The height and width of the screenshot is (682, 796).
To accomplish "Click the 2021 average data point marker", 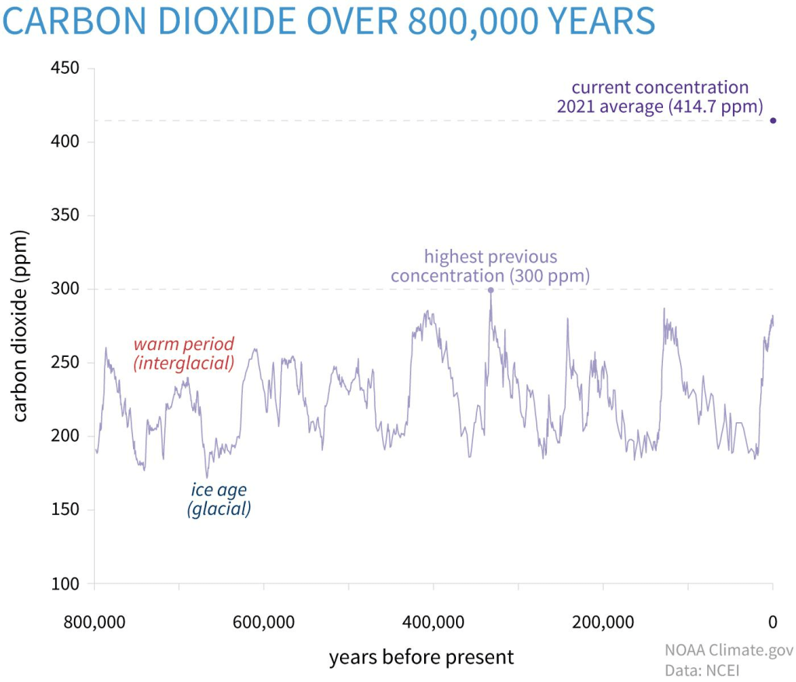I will point(773,120).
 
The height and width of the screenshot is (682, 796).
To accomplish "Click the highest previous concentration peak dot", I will point(490,290).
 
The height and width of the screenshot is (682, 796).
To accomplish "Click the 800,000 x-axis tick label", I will point(95,621).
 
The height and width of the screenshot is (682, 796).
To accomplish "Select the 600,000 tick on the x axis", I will point(264,621).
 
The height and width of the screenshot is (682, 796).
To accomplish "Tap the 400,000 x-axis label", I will point(433,621).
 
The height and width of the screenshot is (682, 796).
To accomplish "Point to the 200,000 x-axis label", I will point(603,621).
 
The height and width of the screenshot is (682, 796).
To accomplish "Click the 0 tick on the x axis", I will point(773,621).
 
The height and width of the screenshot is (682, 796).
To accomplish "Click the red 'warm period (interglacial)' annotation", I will point(184,353).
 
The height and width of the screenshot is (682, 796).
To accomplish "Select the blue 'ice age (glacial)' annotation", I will point(219,500).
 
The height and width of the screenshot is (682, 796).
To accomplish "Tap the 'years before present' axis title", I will point(421,657).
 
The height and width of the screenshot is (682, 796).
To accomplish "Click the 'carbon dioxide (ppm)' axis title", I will point(21,326).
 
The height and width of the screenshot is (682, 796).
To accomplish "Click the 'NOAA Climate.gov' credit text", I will point(725,650).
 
